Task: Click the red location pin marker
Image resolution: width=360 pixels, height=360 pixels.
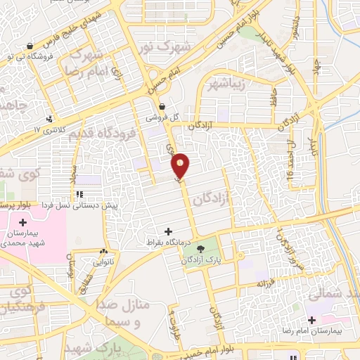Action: coord(181,166)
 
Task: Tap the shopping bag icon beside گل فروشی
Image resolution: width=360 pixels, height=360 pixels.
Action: coord(163,107)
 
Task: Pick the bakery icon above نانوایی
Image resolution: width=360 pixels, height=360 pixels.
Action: coord(104,251)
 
